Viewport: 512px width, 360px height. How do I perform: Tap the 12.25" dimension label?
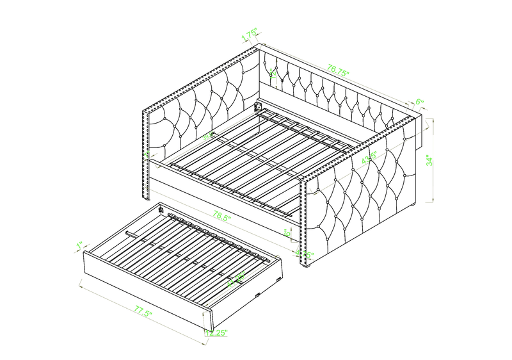pyautogui.click(x=217, y=333)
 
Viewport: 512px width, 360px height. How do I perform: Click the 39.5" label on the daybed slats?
pyautogui.click(x=208, y=136)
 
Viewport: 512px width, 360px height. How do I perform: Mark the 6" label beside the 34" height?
pyautogui.click(x=420, y=102)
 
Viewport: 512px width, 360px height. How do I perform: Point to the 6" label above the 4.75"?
pyautogui.click(x=289, y=234)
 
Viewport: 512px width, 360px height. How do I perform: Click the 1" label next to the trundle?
pyautogui.click(x=79, y=245)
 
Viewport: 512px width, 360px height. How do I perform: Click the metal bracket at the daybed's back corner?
pyautogui.click(x=260, y=106)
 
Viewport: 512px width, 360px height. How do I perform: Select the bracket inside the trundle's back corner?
pyautogui.click(x=161, y=208)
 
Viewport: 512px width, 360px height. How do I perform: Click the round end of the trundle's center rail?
pyautogui.click(x=129, y=233)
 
